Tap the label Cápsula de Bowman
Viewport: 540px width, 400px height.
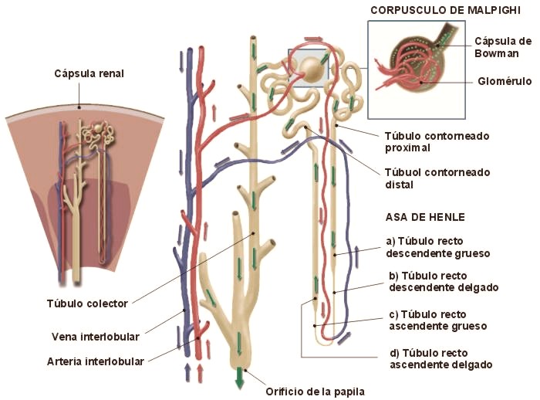502,47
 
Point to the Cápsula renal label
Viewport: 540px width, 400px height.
89,73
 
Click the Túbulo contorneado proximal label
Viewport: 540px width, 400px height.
436,142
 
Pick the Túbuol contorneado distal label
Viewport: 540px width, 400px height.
437,178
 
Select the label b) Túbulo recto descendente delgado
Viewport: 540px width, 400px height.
444,281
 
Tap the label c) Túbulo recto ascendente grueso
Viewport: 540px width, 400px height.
437,320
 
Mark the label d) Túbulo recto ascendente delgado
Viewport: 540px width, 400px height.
440,358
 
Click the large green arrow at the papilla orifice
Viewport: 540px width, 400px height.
240,378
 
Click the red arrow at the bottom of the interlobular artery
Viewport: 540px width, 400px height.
201,374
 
